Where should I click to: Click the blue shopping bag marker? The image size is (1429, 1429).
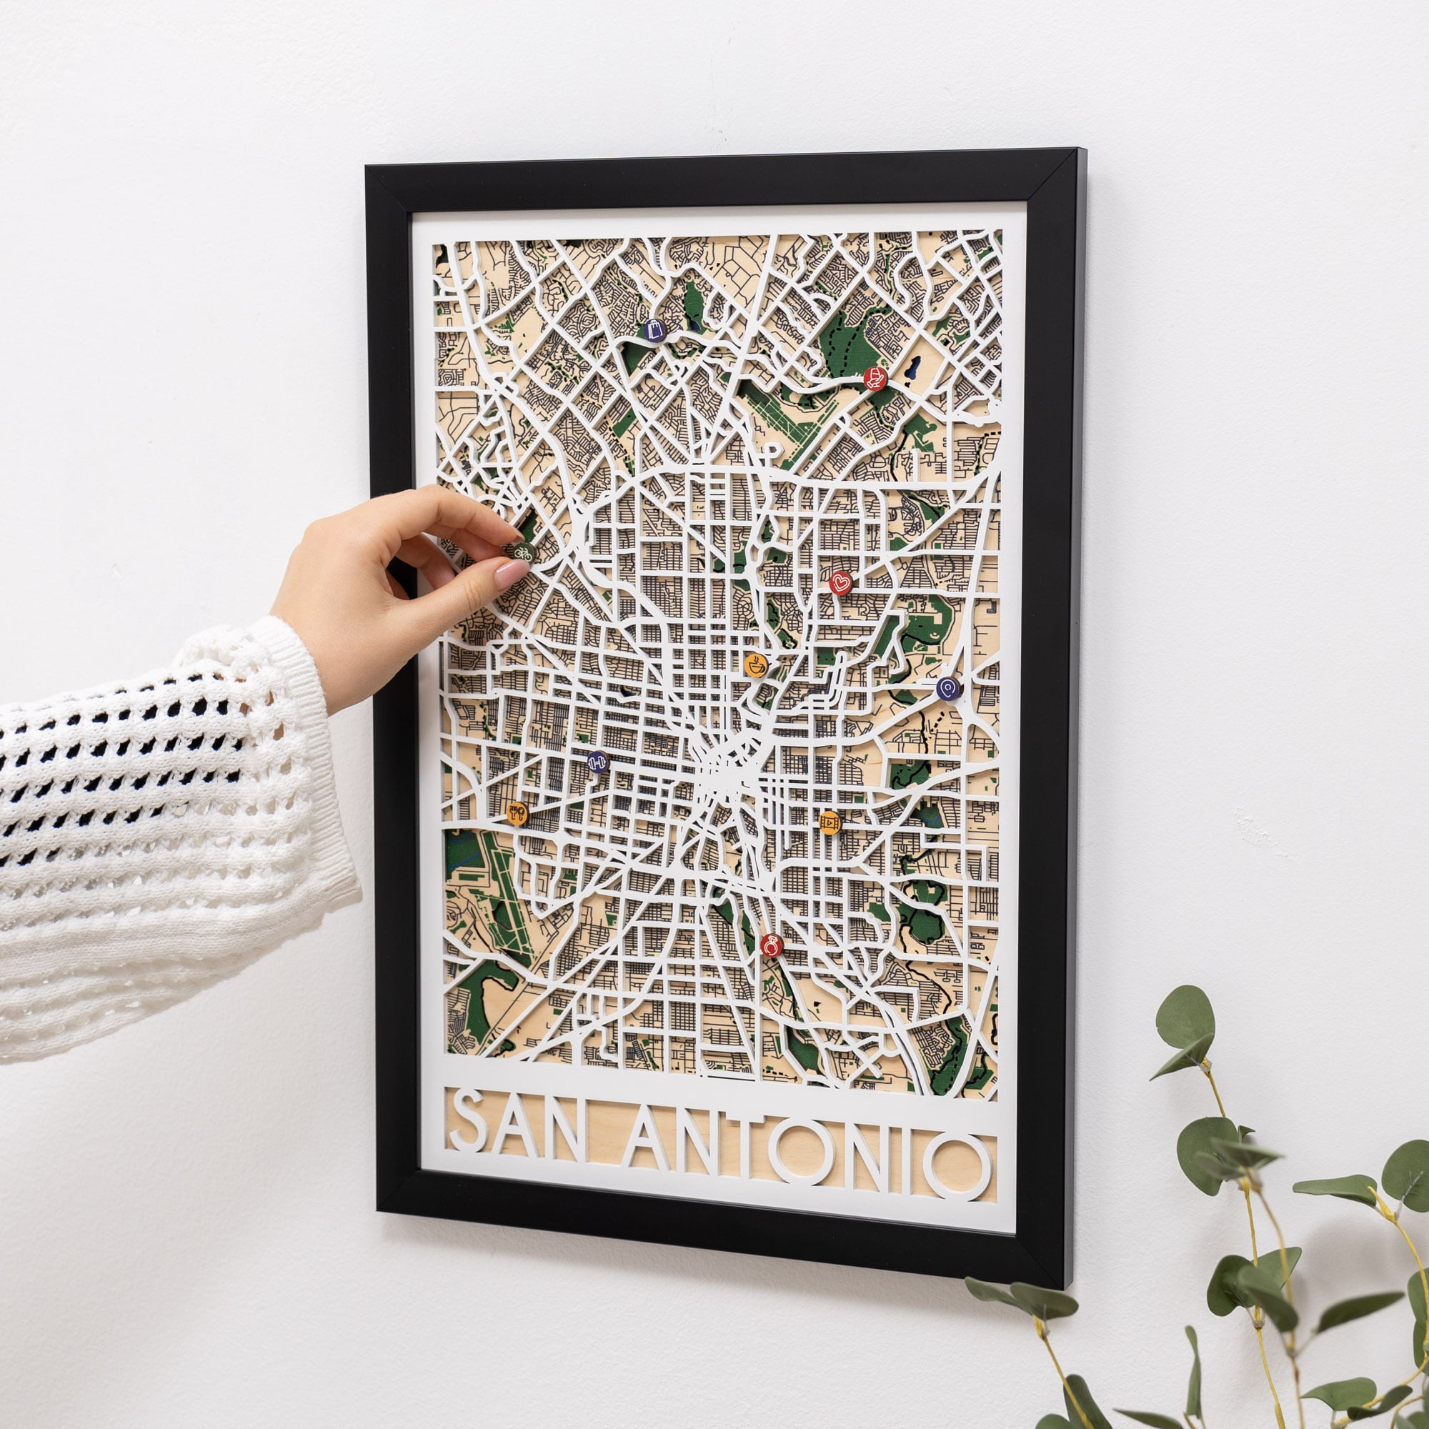tap(654, 330)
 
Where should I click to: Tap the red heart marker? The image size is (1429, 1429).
tap(840, 582)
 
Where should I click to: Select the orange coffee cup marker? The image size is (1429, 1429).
tap(755, 665)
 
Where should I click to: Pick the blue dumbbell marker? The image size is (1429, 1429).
tap(597, 761)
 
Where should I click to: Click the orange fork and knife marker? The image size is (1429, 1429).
tap(517, 814)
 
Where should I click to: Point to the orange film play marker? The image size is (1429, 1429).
tap(830, 822)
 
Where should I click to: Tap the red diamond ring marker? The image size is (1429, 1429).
tap(771, 945)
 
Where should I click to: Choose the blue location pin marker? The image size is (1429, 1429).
tap(947, 689)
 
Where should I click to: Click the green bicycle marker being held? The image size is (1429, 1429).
tap(522, 550)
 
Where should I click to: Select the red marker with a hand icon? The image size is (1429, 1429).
tap(875, 378)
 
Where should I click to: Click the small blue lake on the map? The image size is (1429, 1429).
tap(915, 366)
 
